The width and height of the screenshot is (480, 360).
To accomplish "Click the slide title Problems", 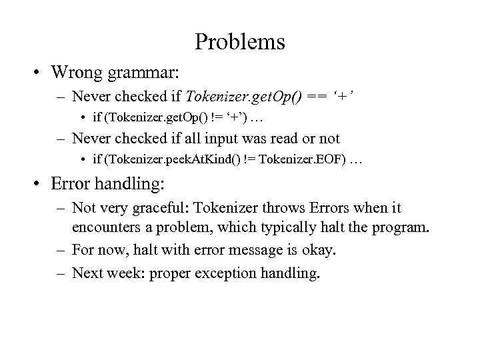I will tap(240, 42).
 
